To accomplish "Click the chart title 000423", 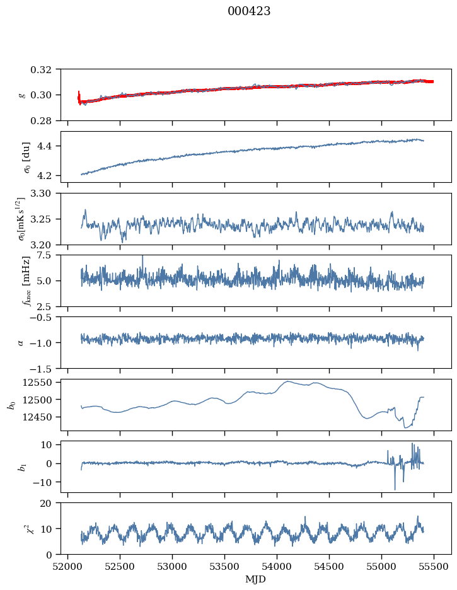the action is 249,11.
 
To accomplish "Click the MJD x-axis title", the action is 255,579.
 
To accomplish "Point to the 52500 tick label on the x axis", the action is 120,567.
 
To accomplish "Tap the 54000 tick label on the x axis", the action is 277,567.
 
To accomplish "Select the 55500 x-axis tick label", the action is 434,567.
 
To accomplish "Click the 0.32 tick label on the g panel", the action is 43,69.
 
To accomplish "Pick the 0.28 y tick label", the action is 43,121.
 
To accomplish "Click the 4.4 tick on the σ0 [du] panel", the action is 47,146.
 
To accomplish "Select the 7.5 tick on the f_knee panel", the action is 47,255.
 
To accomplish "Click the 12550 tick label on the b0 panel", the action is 39,383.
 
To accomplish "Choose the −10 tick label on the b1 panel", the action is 45,482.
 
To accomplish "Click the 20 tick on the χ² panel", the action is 50,503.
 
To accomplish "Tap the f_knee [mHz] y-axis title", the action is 26,281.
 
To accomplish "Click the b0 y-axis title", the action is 13,405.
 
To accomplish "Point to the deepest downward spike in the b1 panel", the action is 395,489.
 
